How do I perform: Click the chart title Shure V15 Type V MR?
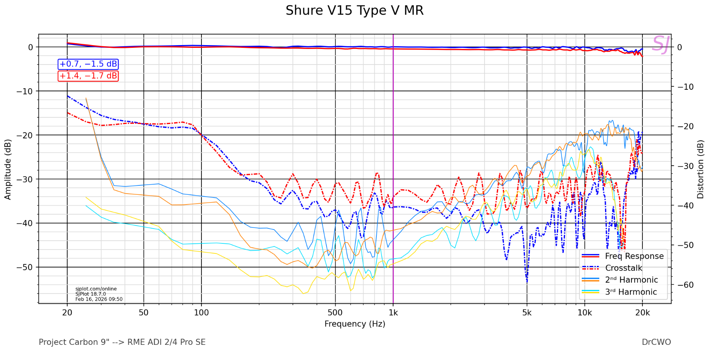(x=354, y=10)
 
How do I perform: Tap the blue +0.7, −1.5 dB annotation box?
(x=88, y=64)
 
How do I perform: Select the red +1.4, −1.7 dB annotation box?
(x=88, y=76)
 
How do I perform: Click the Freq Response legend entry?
(x=634, y=256)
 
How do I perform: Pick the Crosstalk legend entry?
(x=623, y=268)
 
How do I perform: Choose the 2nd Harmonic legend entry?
(x=631, y=280)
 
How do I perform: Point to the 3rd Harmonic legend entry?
(x=631, y=292)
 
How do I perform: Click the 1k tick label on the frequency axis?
(x=393, y=313)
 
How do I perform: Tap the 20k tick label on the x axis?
(x=642, y=313)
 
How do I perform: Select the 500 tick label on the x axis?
(x=335, y=313)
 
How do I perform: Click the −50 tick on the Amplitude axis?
(x=25, y=267)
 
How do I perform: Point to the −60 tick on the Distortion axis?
(x=685, y=285)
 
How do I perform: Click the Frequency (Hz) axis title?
(x=355, y=324)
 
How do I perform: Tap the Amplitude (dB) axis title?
(x=8, y=169)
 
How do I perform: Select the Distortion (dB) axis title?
(x=700, y=169)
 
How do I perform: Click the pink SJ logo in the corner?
(x=660, y=44)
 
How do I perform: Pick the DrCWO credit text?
(x=656, y=342)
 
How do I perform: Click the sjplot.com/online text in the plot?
(x=96, y=289)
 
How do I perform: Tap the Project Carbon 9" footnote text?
(x=122, y=342)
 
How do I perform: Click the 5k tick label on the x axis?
(x=527, y=313)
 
